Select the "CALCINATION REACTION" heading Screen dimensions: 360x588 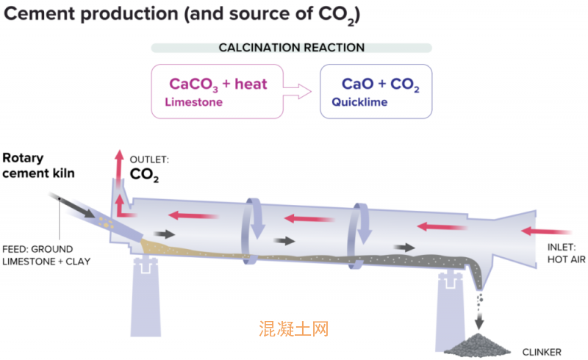tap(292, 48)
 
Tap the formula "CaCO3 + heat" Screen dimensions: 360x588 tap(218, 84)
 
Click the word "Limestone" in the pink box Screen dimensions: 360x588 tap(193, 103)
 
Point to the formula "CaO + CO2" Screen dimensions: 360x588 tap(381, 84)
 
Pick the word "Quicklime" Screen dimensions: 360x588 tap(359, 103)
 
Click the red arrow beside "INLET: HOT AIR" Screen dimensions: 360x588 tap(539, 232)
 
